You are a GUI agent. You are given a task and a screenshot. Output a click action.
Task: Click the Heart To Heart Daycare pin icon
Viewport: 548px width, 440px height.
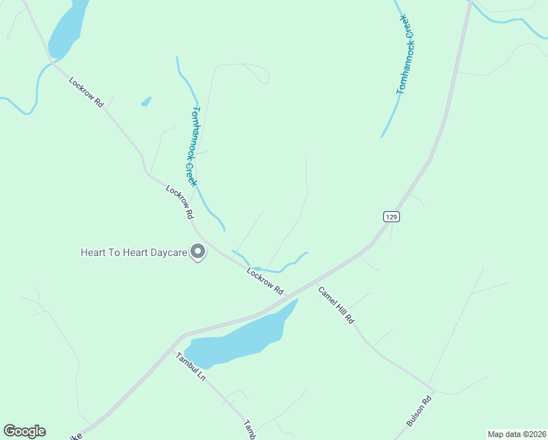pos(198,252)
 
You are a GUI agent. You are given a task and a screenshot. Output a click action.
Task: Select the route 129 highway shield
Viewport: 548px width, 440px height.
pos(391,216)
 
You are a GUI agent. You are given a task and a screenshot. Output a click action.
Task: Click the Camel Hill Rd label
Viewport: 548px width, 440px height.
pos(336,305)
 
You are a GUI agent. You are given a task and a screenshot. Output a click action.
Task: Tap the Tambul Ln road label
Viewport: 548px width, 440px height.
pos(190,367)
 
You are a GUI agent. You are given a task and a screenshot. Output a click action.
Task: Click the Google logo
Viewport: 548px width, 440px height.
pos(24,431)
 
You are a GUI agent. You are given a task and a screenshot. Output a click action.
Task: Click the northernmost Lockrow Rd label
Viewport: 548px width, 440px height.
pos(86,93)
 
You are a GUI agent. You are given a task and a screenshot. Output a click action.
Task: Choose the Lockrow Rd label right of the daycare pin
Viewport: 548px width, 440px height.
pos(264,281)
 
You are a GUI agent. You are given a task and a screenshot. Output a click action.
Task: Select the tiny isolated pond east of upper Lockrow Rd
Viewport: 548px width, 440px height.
pos(147,101)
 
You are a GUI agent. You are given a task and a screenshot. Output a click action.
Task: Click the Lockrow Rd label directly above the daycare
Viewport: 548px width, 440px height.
pos(179,202)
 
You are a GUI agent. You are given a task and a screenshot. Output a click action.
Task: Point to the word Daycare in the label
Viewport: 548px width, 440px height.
pos(166,253)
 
